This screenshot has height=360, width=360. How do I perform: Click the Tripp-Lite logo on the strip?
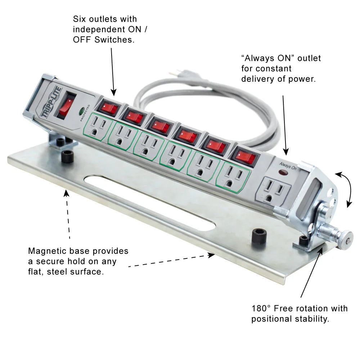coord(51,102)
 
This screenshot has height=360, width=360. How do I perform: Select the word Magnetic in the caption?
coord(46,251)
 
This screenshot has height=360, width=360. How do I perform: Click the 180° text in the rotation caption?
coord(261,309)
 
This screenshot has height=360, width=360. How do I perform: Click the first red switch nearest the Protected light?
coord(108,108)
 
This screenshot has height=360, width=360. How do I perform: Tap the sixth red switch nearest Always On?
coord(245,157)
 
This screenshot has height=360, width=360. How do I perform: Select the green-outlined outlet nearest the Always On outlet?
coord(233,175)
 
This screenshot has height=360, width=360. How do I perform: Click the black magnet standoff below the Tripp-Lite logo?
coord(67,157)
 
